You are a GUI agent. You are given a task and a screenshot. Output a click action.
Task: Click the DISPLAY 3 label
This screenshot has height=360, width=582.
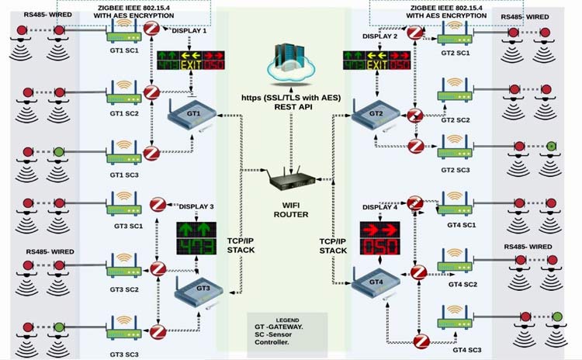(196, 206)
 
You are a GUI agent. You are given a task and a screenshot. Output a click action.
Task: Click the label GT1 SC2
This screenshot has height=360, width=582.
(124, 113)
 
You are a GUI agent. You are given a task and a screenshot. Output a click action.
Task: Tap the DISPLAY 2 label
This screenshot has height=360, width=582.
(379, 36)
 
